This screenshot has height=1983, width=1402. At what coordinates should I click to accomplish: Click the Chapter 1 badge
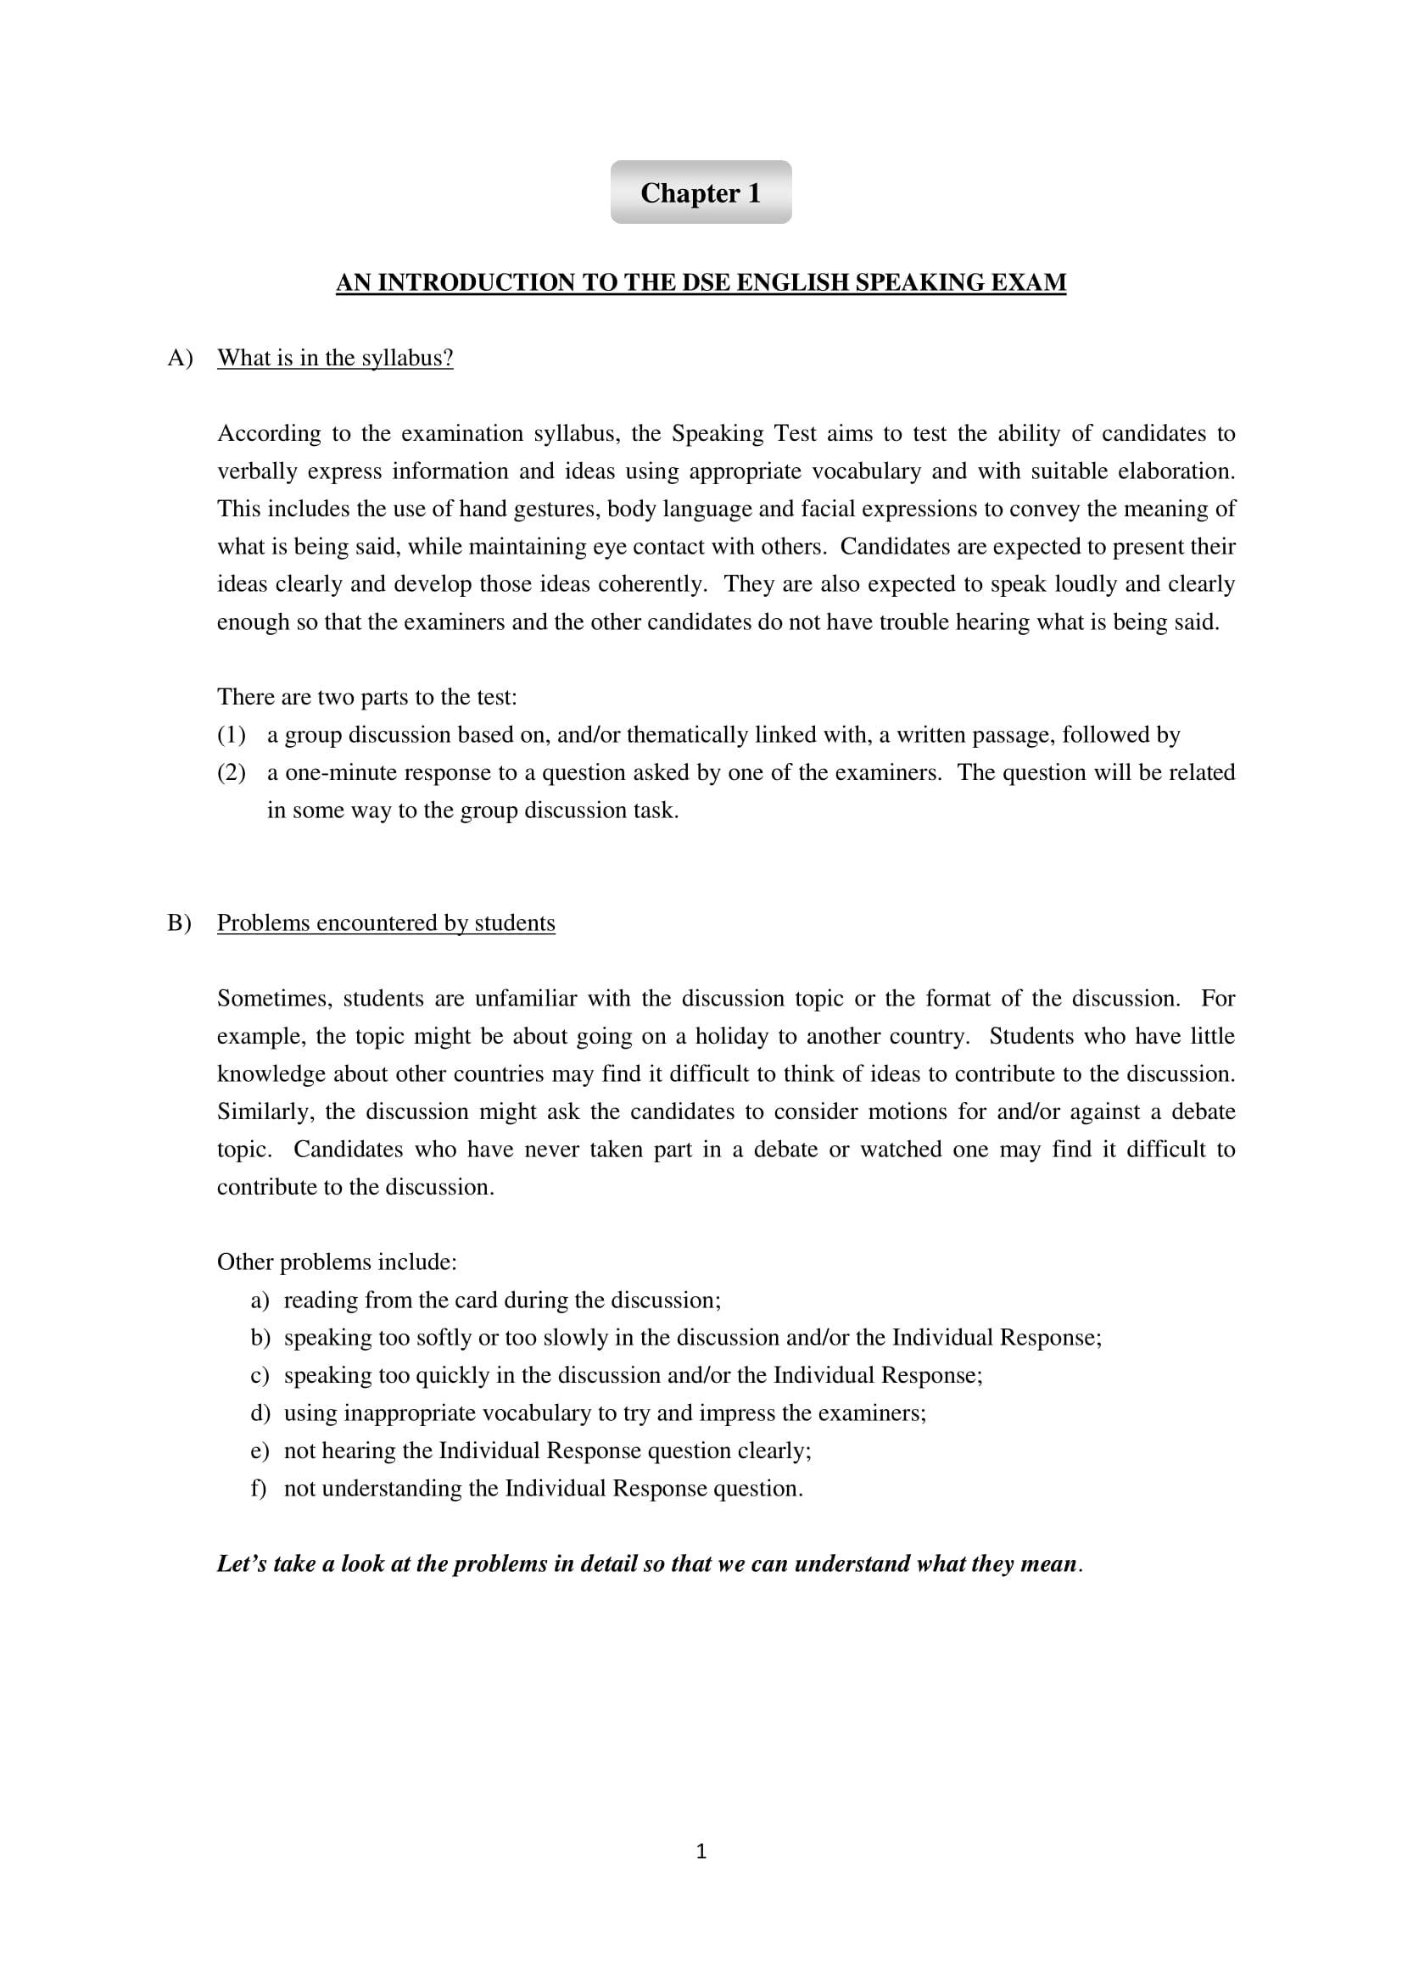(x=701, y=192)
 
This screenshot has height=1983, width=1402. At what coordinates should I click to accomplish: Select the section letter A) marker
(x=180, y=359)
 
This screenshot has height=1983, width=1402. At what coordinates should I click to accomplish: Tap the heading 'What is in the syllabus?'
(x=335, y=359)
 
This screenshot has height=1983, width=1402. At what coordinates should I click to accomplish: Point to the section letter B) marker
(x=180, y=923)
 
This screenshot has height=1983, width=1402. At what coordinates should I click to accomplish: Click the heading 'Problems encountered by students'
(x=386, y=923)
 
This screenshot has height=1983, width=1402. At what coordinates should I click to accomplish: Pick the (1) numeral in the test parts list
(x=232, y=735)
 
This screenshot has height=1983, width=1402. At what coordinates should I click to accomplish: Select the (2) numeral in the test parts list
(x=232, y=773)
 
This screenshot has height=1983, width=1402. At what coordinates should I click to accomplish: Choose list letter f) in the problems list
(x=259, y=1489)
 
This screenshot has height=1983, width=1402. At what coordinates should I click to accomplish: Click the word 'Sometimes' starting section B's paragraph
(x=274, y=1000)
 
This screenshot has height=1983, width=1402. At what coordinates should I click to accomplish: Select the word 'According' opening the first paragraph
(x=267, y=433)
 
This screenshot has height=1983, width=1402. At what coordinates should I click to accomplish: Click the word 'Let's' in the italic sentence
(x=242, y=1564)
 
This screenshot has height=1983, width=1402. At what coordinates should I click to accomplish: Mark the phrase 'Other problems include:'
(x=337, y=1262)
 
